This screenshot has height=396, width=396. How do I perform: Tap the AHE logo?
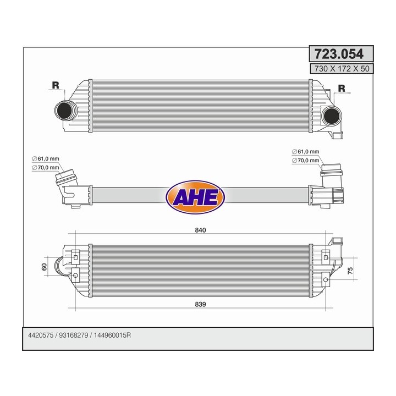tap(195, 195)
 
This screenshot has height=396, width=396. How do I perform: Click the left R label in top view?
tap(55, 85)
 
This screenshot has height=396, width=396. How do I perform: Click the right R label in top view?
tap(341, 88)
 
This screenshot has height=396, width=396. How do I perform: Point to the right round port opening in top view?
tap(331, 116)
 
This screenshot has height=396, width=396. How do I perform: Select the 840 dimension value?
tap(200, 230)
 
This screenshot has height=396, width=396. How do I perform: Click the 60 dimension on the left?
tap(44, 267)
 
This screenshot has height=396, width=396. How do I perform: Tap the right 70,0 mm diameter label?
tap(306, 160)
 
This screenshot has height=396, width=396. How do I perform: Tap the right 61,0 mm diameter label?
tap(306, 152)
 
